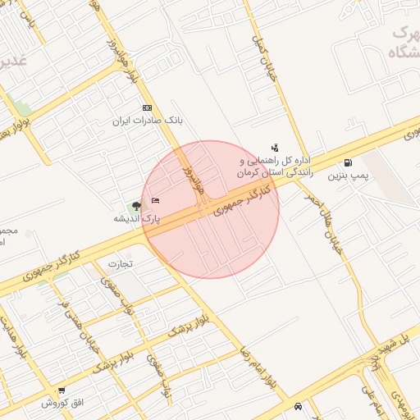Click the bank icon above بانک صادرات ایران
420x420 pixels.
coord(147,108)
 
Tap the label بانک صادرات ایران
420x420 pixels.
coord(147,121)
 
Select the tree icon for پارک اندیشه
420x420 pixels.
coord(136,205)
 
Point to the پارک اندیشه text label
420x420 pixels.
coord(137,219)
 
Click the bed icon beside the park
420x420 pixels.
coord(156,200)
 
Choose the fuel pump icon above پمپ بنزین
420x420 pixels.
coord(349,162)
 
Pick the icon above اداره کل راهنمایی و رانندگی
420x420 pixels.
coord(274,147)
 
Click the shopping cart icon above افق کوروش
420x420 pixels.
coord(62,390)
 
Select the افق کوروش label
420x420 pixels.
coord(63,403)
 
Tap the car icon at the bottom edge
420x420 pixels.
coord(297,405)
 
